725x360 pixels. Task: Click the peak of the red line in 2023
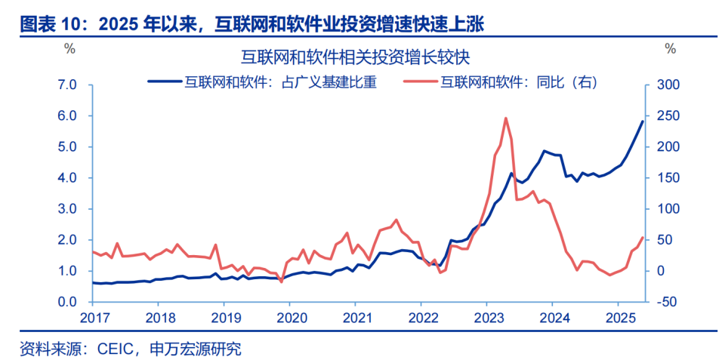point(505,118)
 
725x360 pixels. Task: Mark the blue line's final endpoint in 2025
point(643,121)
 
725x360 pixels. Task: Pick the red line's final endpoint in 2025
point(643,238)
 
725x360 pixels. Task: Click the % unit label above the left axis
point(69,49)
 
